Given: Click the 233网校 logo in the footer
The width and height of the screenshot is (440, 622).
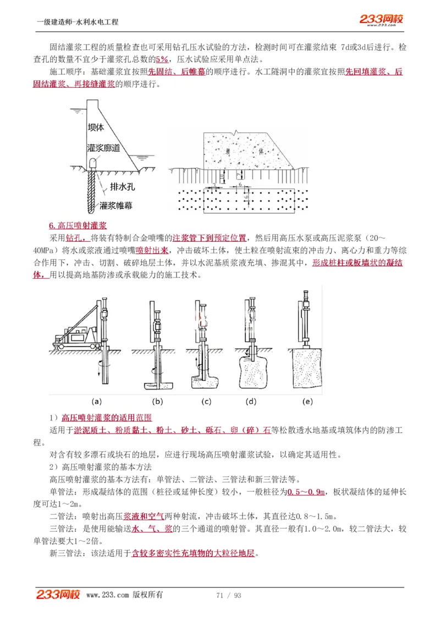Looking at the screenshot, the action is pyautogui.click(x=58, y=595).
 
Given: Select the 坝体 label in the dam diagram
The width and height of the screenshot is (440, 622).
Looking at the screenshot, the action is pyautogui.click(x=96, y=127).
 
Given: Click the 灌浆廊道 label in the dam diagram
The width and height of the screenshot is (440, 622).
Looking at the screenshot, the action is pyautogui.click(x=103, y=148).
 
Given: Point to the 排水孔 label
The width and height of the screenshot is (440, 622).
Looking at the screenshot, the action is pyautogui.click(x=122, y=186).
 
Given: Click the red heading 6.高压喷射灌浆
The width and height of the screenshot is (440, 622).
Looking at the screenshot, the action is pyautogui.click(x=78, y=226).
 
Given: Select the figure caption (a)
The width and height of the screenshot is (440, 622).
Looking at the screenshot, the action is pyautogui.click(x=96, y=402).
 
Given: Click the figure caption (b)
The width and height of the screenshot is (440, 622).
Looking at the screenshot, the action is pyautogui.click(x=157, y=402).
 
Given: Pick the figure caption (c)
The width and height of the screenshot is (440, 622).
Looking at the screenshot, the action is pyautogui.click(x=206, y=402).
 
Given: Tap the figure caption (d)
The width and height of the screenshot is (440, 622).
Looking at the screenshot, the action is pyautogui.click(x=251, y=402).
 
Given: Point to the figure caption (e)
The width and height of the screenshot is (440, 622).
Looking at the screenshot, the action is pyautogui.click(x=307, y=402).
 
